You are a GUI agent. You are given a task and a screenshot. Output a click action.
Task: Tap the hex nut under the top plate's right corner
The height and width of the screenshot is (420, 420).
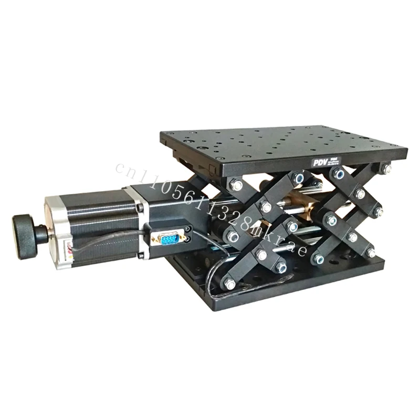click(386, 169)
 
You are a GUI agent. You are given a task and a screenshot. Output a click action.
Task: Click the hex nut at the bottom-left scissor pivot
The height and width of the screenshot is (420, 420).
click(229, 283)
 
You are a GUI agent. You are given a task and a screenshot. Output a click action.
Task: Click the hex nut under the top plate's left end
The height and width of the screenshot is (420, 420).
click(236, 185)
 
